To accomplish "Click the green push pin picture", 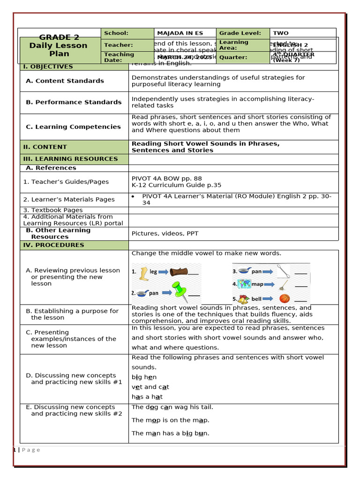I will pos(179,292).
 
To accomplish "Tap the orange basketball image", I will pos(284,298).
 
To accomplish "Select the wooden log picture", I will pos(178,271).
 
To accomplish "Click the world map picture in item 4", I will pos(244,284).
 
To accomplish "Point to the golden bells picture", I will pos(243,299).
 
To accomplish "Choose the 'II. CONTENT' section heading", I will pos(45,147).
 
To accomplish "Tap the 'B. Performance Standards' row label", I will pos(74,102).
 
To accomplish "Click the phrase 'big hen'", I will pos(144,377).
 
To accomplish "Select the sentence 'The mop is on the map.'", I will pos(170,420).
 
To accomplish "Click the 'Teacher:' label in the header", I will pos(118,45).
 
